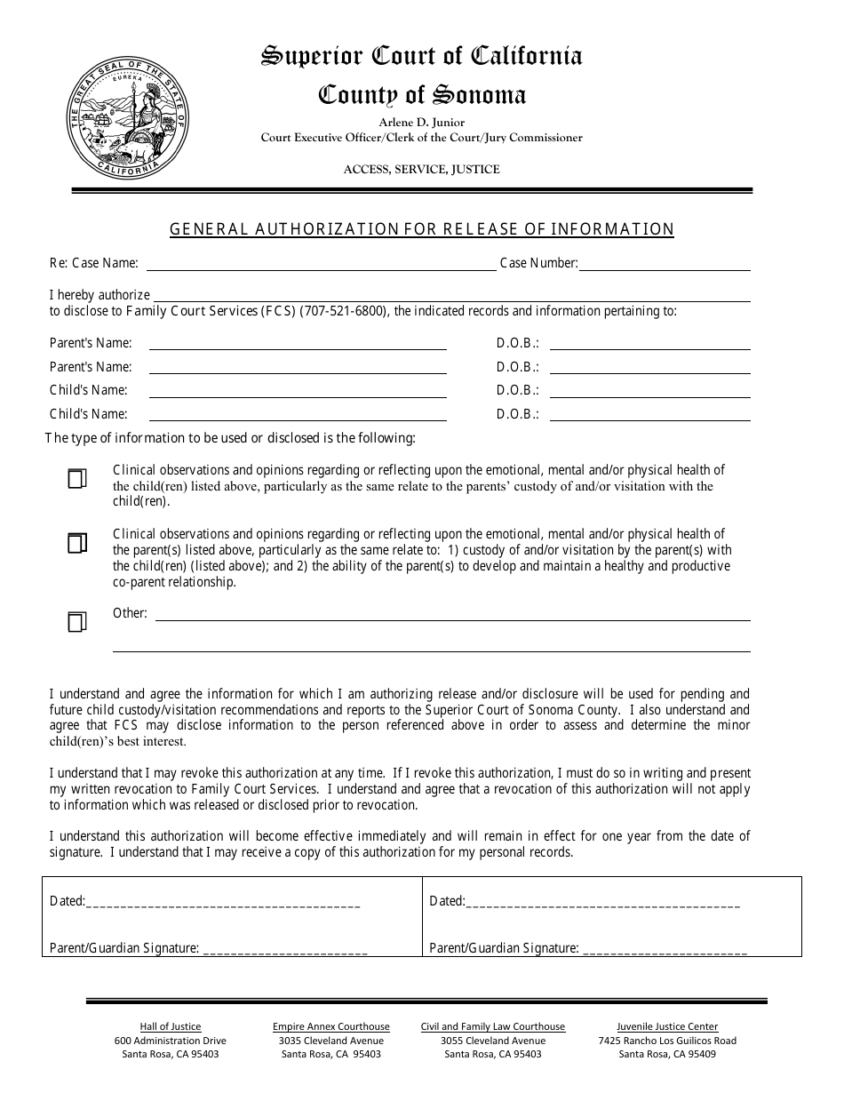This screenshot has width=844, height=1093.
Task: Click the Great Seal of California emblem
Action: coord(128,117)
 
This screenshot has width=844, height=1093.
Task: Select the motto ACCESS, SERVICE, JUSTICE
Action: coord(421,169)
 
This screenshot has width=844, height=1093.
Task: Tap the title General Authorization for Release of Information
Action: coord(421,229)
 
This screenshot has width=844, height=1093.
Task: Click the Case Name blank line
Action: coord(321,264)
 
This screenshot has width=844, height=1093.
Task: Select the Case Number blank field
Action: coord(665,264)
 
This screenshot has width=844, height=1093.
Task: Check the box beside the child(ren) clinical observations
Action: coord(77,479)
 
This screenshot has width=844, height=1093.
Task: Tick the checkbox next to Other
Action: coord(77,622)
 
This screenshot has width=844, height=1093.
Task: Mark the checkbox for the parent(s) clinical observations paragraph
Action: coord(77,543)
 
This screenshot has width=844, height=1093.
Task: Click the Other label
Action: coord(130,613)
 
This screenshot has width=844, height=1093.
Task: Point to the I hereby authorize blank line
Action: coord(452,296)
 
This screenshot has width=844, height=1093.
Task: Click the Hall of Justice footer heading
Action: coord(171,1026)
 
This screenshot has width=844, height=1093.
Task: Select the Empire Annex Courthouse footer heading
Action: coord(331,1026)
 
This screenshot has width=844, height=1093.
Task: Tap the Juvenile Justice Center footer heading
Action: coord(667,1026)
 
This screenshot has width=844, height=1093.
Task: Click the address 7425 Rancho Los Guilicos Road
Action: coord(667,1041)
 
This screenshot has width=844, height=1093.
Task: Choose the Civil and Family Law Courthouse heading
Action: coord(493,1026)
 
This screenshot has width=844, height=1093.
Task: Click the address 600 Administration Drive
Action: coord(171,1041)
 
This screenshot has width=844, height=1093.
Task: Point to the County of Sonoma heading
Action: coord(421,95)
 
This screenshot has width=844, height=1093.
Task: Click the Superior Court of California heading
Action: coord(421,56)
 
